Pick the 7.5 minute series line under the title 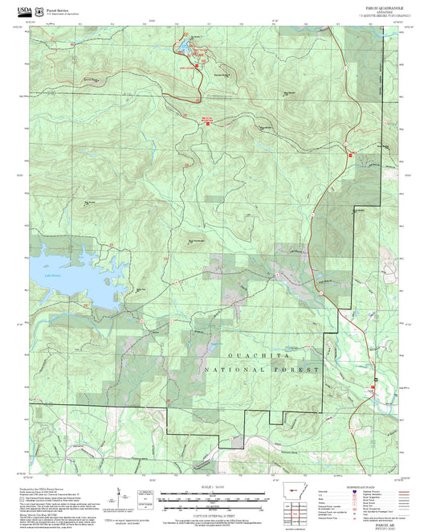(x=379, y=15)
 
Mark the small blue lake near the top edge (x=192, y=46)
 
